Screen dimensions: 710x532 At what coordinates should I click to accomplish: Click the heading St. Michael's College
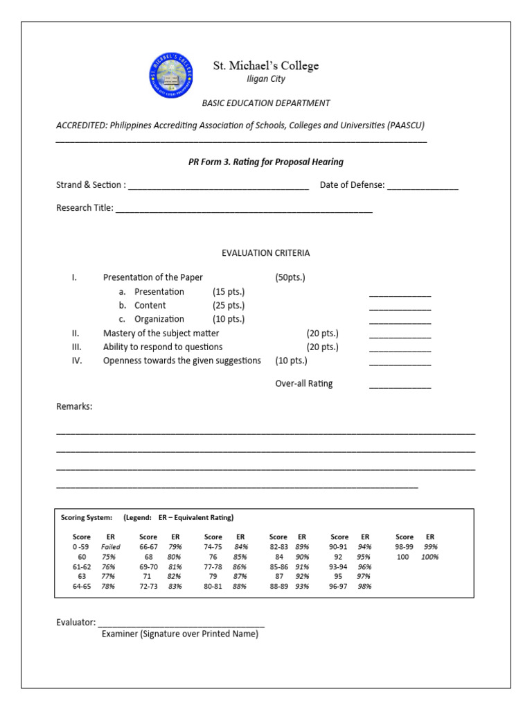(265, 66)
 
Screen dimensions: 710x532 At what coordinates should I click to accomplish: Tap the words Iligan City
(265, 79)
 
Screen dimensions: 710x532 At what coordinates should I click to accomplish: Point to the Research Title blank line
(244, 209)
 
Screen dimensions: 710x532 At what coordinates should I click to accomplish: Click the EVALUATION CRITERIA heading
(265, 253)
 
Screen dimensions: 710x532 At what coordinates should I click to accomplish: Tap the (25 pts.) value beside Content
(229, 306)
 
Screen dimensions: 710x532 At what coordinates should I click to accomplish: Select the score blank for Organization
(400, 322)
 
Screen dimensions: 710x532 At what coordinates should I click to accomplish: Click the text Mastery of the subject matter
(161, 334)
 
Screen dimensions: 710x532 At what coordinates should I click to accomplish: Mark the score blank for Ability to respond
(400, 349)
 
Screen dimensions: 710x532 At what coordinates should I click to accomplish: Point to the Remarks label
(74, 406)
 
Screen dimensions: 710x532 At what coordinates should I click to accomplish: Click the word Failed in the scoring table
(111, 547)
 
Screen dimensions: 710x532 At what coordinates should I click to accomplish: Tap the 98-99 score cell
(405, 547)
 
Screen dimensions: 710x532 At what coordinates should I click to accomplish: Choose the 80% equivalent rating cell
(175, 557)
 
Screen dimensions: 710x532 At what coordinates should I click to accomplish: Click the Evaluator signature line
(181, 624)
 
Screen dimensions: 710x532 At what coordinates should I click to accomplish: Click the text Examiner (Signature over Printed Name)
(179, 634)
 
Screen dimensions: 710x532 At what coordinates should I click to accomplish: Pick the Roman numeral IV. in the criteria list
(77, 361)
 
